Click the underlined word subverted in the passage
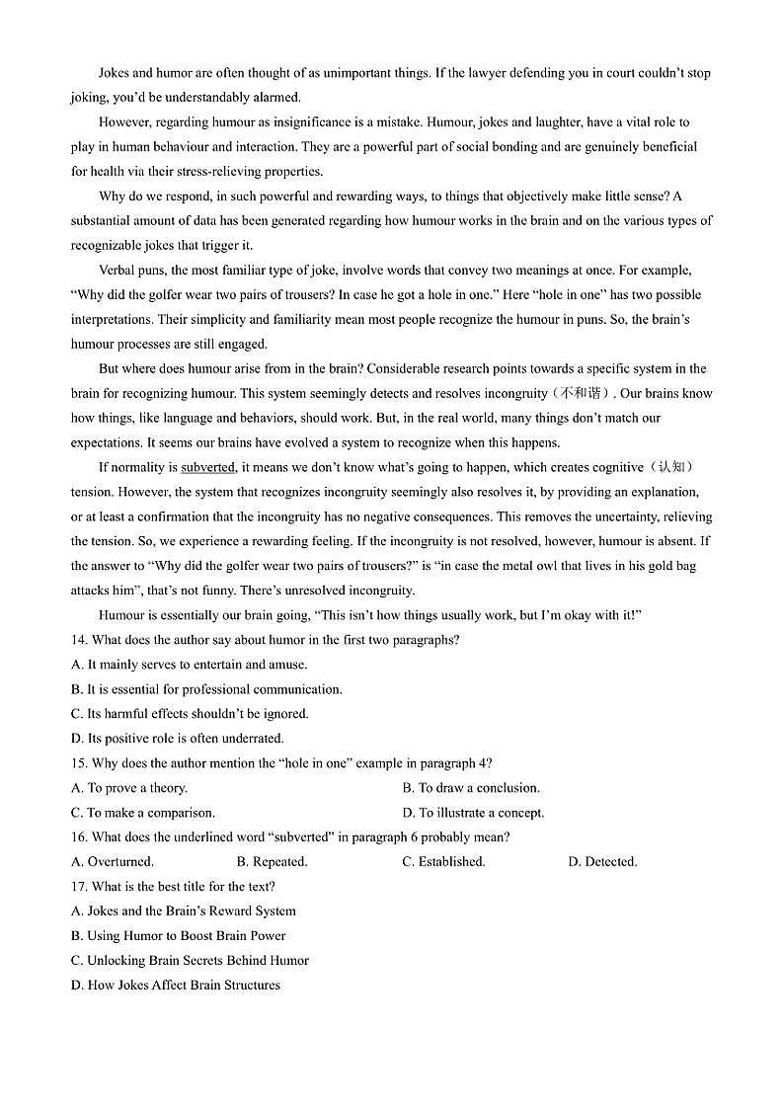click(x=207, y=467)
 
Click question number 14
click(x=79, y=640)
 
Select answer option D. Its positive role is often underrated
click(x=178, y=738)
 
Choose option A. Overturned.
click(x=113, y=861)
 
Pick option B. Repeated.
click(x=273, y=861)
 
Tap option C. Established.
click(x=443, y=861)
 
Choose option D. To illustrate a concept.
click(x=473, y=813)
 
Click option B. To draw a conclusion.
click(x=471, y=788)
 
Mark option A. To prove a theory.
click(x=129, y=788)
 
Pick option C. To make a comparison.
click(x=143, y=813)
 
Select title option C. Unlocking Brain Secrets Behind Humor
click(x=190, y=960)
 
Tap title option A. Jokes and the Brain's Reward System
click(x=184, y=910)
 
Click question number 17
click(x=79, y=886)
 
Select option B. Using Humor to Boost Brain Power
click(x=179, y=935)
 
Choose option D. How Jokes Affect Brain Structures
click(x=176, y=985)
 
